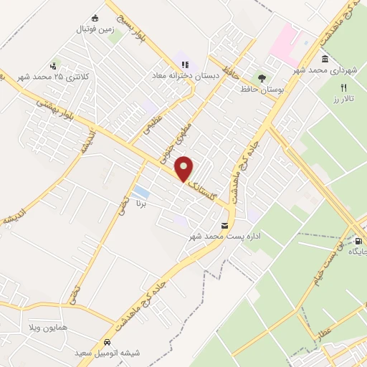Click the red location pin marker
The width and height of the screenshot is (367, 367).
[x=185, y=168]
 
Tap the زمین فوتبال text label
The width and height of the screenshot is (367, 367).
[x=95, y=30]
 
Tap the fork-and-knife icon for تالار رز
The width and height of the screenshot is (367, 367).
[x=343, y=87]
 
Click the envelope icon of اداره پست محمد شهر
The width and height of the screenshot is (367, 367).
[x=226, y=226]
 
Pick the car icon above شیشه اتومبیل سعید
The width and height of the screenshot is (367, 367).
[x=106, y=343]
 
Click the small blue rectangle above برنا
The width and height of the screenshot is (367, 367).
[x=140, y=192]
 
